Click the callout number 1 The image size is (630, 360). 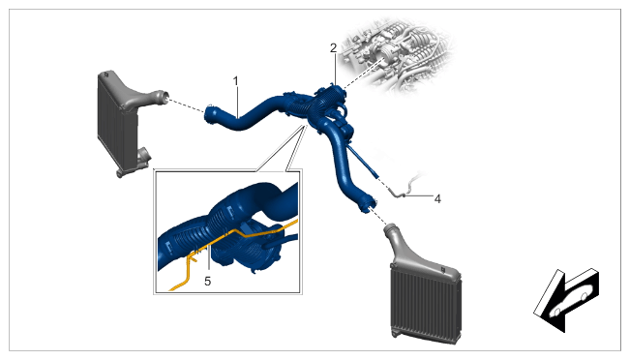(x=236, y=81)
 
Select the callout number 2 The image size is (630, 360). (x=334, y=48)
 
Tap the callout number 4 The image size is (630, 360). (x=437, y=198)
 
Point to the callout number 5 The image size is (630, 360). (x=207, y=282)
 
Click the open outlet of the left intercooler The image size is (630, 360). (x=165, y=97)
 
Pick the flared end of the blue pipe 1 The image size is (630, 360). (x=210, y=115)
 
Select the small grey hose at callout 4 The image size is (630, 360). (x=405, y=187)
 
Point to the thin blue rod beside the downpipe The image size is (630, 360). (x=363, y=162)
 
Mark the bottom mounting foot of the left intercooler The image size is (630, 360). (x=122, y=173)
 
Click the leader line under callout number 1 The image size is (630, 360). (x=237, y=102)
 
